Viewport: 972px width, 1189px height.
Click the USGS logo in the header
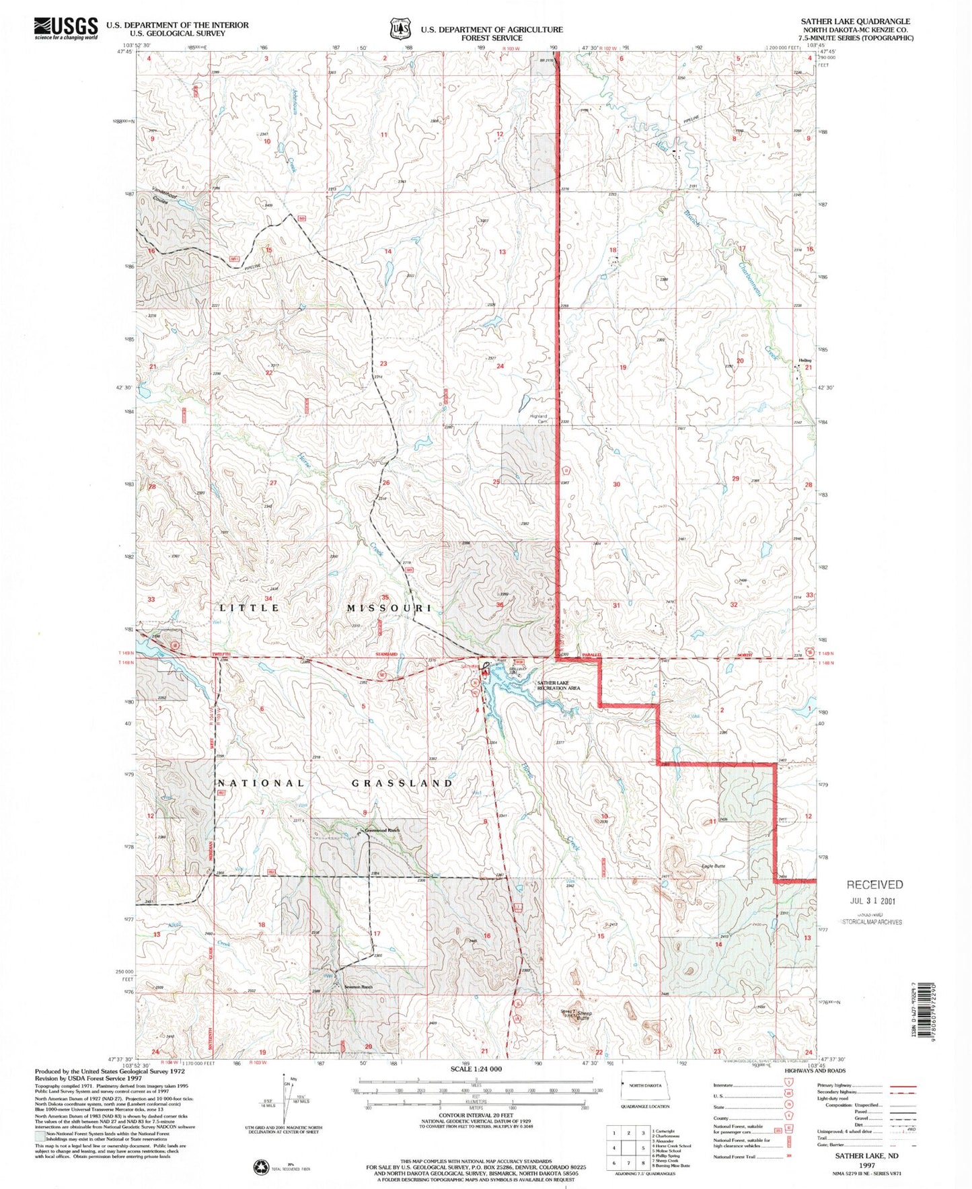coord(65,28)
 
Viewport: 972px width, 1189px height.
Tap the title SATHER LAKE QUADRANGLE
coord(855,22)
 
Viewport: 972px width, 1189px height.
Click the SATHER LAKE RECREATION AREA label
coord(558,686)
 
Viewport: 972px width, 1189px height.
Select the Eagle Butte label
coord(713,866)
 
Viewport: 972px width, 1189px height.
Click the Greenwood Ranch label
coord(382,830)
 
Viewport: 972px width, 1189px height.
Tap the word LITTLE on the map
coord(250,608)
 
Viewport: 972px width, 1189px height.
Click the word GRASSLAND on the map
coord(402,783)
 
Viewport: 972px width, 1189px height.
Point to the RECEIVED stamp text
coord(874,885)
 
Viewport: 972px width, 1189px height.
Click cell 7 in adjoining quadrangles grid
coord(629,1163)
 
